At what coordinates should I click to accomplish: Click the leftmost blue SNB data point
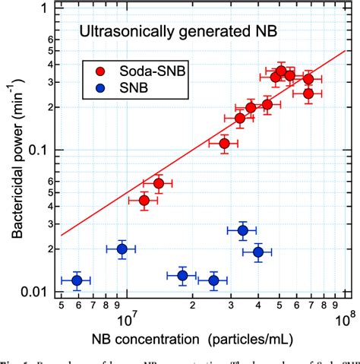(76, 280)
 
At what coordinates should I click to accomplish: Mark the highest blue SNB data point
(243, 231)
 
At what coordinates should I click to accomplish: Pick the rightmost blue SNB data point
(258, 252)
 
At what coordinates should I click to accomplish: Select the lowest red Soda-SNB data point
(144, 200)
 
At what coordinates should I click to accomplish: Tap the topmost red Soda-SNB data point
(281, 71)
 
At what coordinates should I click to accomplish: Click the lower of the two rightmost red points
(308, 93)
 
